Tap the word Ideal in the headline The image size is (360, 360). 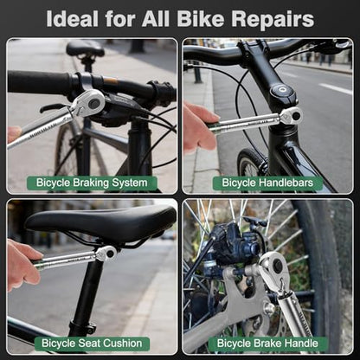click(72, 18)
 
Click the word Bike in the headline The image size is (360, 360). click(201, 18)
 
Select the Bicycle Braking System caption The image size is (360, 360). click(92, 183)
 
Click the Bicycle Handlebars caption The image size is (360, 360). click(267, 183)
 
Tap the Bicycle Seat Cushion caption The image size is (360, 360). click(92, 344)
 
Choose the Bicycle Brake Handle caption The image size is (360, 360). click(267, 344)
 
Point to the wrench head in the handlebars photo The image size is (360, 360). click(292, 116)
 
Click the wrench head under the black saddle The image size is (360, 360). click(106, 254)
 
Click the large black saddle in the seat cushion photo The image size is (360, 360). click(101, 223)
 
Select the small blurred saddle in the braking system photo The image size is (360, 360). click(85, 48)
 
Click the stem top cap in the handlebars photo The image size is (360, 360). click(281, 92)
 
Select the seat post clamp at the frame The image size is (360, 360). click(84, 327)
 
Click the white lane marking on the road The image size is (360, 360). click(336, 89)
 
